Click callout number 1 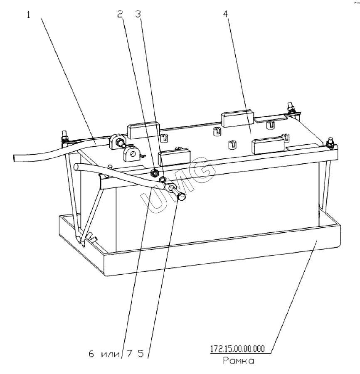click(28, 15)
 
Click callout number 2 click(120, 14)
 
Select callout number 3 click(138, 14)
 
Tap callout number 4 click(225, 14)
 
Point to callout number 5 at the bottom click(141, 354)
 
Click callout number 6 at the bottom click(91, 354)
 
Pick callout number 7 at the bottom click(129, 354)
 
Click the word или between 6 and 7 click(111, 354)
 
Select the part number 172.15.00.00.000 click(237, 349)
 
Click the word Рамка click(238, 361)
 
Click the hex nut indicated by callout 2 click(155, 172)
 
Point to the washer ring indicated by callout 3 click(162, 179)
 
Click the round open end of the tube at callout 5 click(182, 197)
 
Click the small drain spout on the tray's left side click(92, 238)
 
